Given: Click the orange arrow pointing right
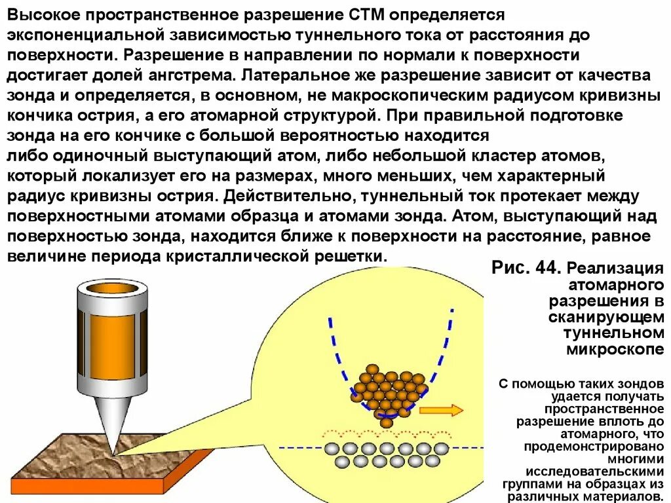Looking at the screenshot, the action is click(440, 410).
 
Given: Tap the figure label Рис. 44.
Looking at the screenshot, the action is click(525, 268).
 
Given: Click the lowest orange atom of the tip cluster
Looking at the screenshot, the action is click(387, 422).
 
